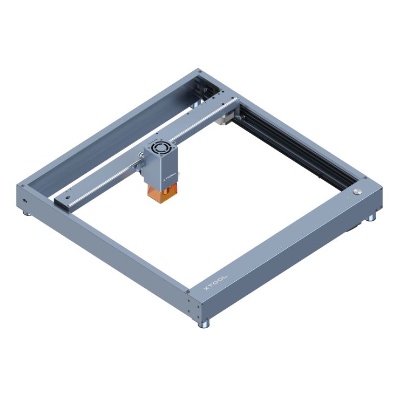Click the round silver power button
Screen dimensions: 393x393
pos(358,192)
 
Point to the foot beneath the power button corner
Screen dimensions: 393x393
pos(371,217)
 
